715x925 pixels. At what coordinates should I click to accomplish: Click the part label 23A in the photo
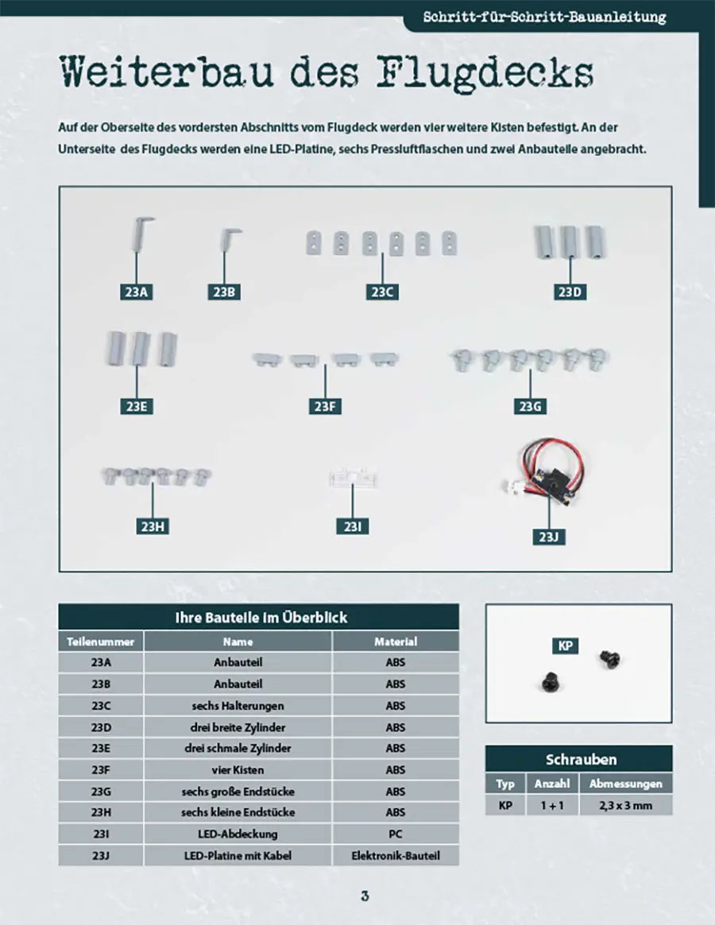tap(137, 292)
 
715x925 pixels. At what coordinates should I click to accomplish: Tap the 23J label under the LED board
tap(548, 537)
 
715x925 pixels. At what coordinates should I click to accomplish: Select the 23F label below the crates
tap(325, 407)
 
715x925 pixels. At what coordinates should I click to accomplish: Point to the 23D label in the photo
tap(570, 292)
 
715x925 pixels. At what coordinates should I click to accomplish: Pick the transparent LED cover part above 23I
tap(353, 477)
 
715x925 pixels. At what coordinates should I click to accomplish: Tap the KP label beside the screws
tap(565, 646)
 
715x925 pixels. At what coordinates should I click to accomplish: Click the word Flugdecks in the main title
tap(485, 74)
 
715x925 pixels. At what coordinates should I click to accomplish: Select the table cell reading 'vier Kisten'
tap(238, 770)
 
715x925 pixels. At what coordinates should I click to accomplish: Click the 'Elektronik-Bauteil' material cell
tap(396, 855)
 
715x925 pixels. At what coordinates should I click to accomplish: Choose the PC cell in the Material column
tap(396, 834)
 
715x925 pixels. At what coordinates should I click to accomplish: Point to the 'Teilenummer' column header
tap(101, 642)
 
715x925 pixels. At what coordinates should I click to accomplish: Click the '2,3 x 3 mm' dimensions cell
tap(626, 805)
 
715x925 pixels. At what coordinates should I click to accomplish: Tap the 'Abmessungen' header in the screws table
tap(626, 784)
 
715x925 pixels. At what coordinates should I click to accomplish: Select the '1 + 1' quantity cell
tap(552, 805)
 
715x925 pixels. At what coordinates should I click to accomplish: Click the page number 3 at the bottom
tap(365, 896)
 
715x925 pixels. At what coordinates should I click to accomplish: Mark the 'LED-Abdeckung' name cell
tap(238, 834)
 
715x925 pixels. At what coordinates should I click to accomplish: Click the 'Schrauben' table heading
tap(581, 759)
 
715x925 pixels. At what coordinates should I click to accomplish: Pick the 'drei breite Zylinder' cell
tap(238, 727)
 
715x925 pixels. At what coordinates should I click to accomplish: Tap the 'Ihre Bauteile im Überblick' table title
tap(261, 618)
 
